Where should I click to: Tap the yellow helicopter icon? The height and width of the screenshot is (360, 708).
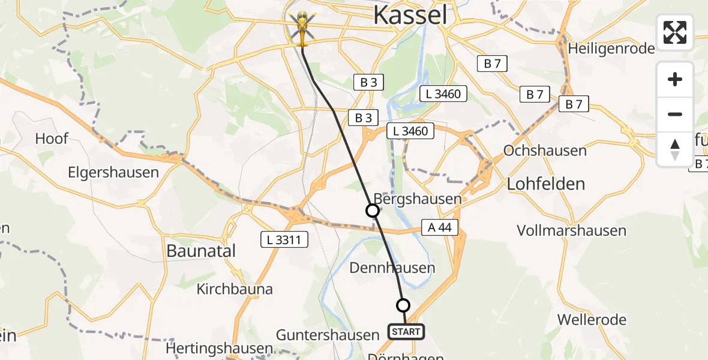(301, 29)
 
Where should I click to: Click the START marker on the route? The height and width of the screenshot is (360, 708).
(406, 331)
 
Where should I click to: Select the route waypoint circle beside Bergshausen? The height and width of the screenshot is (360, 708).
(373, 211)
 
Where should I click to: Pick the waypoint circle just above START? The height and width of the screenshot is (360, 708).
(403, 305)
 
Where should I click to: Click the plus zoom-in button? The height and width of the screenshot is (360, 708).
(675, 80)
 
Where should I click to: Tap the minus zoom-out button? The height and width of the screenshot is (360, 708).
(675, 115)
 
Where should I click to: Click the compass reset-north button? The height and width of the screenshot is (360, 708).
(675, 149)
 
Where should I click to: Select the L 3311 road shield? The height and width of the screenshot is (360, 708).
(284, 240)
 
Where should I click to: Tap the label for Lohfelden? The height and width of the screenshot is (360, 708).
(546, 184)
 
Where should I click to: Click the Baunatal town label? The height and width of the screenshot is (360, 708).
(201, 251)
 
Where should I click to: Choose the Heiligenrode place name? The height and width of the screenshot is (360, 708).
(611, 49)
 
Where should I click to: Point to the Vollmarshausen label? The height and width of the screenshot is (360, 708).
(571, 230)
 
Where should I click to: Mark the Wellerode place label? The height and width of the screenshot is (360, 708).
(592, 319)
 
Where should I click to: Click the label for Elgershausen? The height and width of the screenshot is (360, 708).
(113, 173)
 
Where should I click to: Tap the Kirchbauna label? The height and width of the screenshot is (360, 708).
(235, 289)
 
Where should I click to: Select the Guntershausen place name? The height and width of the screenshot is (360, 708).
(328, 334)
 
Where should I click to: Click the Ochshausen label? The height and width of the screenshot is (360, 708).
(545, 150)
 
